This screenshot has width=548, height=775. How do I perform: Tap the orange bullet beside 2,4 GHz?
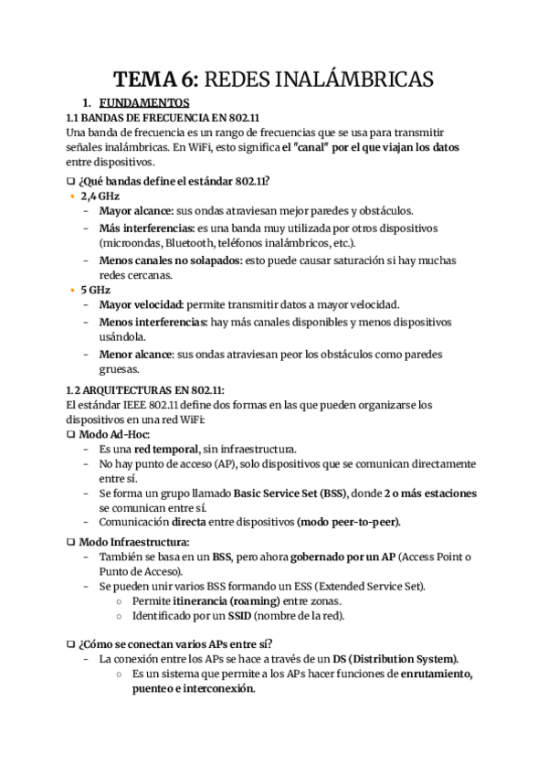(73, 196)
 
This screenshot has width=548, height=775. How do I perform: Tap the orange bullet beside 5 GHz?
(73, 290)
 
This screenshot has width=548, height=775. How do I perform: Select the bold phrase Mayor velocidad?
(140, 305)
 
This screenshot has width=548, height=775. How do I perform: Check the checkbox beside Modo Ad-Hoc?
(70, 434)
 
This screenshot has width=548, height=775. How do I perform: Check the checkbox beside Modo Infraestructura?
(70, 542)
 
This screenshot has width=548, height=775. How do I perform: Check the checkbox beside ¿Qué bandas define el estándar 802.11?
(70, 180)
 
